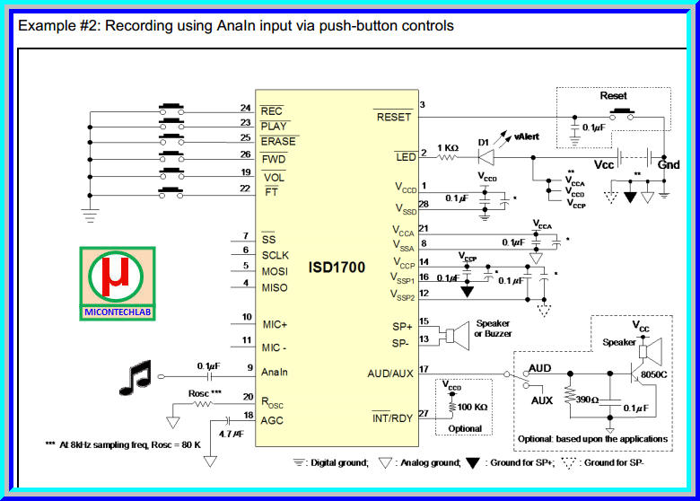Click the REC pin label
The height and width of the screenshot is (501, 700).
[x=271, y=111]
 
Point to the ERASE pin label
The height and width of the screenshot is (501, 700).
[x=277, y=142]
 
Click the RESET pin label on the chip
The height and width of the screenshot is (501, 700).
[x=393, y=117]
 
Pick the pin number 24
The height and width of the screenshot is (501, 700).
[x=245, y=108]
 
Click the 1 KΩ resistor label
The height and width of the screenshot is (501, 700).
[x=449, y=148]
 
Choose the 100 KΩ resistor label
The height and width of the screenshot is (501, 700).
[x=471, y=407]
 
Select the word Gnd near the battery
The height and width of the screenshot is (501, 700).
[x=669, y=165]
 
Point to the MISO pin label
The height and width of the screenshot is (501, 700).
[x=275, y=286]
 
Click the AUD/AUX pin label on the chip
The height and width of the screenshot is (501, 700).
[x=389, y=374]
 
